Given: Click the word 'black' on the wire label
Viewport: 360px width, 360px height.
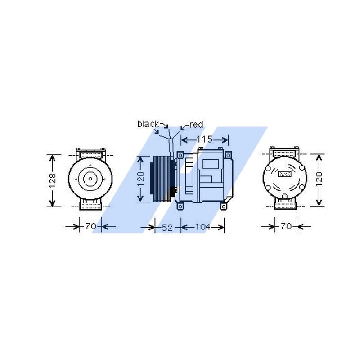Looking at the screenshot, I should pyautogui.click(x=148, y=124).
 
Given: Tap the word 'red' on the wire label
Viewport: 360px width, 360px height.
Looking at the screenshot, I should pyautogui.click(x=196, y=124).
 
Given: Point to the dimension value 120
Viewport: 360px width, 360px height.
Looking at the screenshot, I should pyautogui.click(x=141, y=179).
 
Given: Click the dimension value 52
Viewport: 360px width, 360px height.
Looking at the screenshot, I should pyautogui.click(x=167, y=228).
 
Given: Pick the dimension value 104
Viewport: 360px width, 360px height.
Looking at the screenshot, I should pyautogui.click(x=202, y=227).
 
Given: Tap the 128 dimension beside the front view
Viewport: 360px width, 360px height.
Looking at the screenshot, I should pyautogui.click(x=53, y=180).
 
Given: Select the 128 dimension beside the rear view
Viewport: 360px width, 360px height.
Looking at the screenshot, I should pyautogui.click(x=319, y=180).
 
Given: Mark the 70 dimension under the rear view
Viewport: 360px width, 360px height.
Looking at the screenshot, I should pyautogui.click(x=286, y=226).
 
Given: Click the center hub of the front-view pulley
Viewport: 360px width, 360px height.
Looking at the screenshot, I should pyautogui.click(x=90, y=179).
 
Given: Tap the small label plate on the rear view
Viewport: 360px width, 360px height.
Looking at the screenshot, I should pyautogui.click(x=285, y=173).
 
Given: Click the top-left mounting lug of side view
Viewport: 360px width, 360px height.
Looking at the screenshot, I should pyautogui.click(x=180, y=155).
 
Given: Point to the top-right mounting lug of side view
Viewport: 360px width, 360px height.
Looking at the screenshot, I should pyautogui.click(x=229, y=155).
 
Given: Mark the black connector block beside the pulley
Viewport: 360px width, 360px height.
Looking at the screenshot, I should pyautogui.click(x=172, y=195).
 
